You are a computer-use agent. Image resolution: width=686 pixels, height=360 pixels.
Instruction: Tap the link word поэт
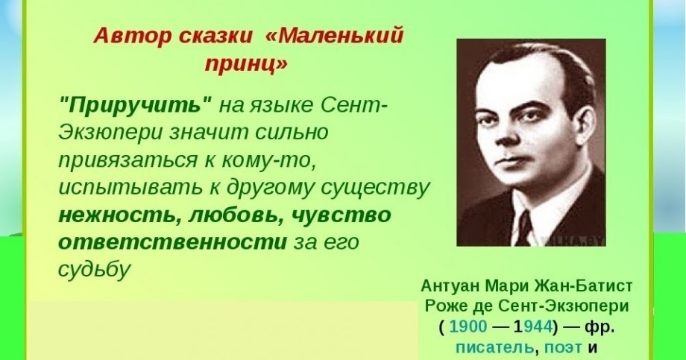click(564, 347)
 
